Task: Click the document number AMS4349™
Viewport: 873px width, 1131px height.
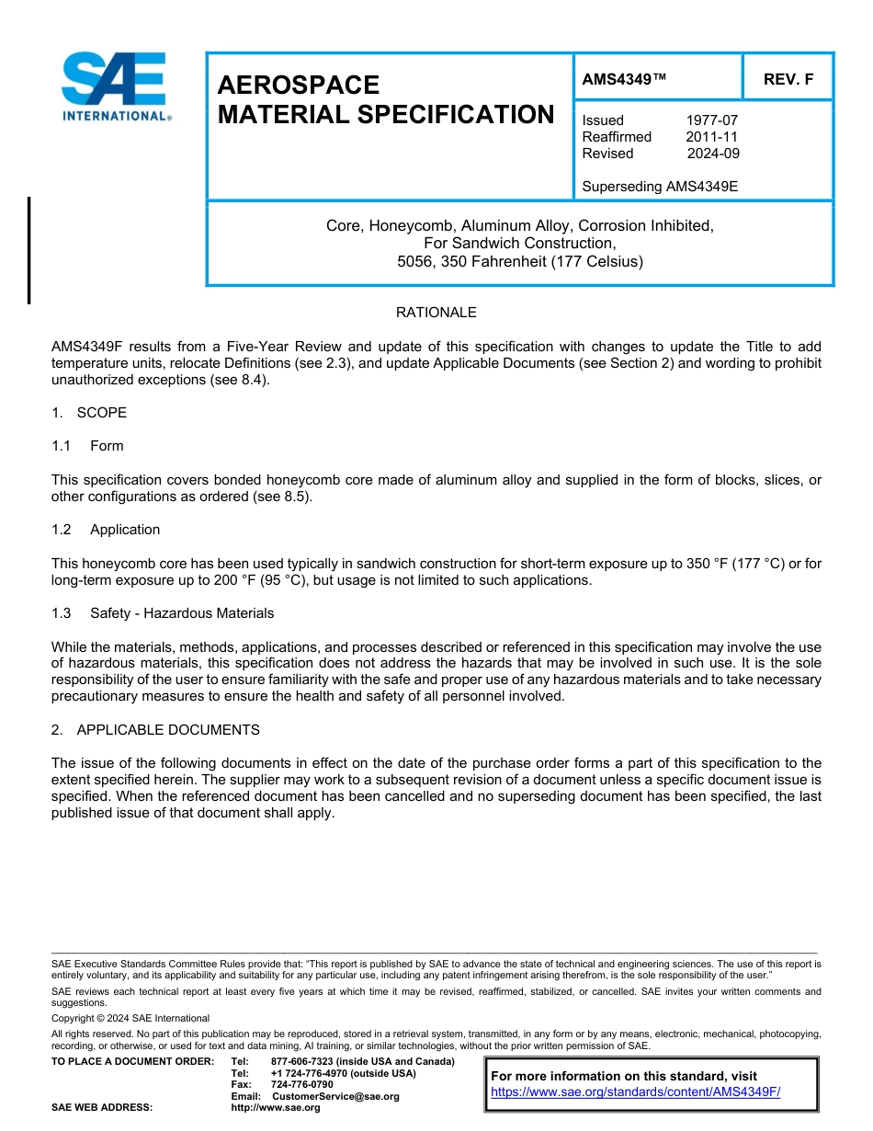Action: click(x=623, y=80)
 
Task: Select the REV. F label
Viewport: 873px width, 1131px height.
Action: click(x=788, y=80)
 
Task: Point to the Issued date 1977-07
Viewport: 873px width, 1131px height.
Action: click(x=711, y=120)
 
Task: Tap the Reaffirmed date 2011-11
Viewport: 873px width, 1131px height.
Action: click(x=711, y=137)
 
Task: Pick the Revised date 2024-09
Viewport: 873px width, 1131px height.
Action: click(x=712, y=154)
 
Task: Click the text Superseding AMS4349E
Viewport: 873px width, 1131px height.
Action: click(x=660, y=187)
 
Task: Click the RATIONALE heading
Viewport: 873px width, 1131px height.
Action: click(x=436, y=313)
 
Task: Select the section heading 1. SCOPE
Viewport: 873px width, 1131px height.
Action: click(x=89, y=413)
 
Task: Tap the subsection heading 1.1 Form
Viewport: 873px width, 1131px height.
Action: click(x=87, y=446)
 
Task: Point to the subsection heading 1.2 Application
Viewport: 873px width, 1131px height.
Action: click(x=106, y=530)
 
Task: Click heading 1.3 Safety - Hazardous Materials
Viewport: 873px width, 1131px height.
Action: click(x=163, y=613)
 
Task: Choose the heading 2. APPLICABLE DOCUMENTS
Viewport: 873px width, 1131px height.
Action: click(x=155, y=730)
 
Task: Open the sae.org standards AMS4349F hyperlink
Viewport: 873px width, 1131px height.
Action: click(x=635, y=1092)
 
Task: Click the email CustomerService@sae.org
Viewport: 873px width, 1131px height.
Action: click(x=335, y=1096)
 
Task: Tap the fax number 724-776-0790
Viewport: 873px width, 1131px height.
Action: click(x=301, y=1085)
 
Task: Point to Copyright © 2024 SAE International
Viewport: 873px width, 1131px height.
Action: click(x=130, y=1019)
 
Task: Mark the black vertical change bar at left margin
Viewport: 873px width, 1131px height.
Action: click(x=28, y=250)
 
